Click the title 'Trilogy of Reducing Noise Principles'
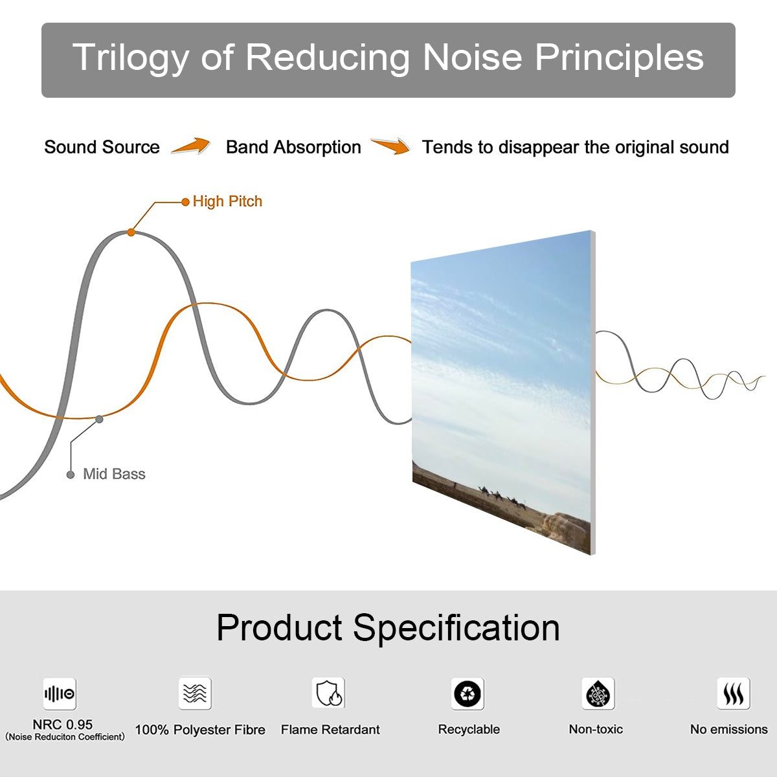(388, 57)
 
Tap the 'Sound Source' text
(102, 147)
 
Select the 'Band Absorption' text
(293, 147)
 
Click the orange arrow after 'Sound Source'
(191, 146)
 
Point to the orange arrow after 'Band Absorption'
(390, 146)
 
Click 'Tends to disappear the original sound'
(575, 147)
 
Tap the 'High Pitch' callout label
(227, 201)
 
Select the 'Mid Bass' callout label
(114, 474)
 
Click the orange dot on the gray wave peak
(131, 232)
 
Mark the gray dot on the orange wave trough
(99, 419)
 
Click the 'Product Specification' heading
(388, 627)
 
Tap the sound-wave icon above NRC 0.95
(60, 694)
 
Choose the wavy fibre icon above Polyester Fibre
(195, 693)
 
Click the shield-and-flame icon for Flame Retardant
(328, 693)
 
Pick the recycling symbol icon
(467, 694)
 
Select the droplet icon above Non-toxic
(598, 694)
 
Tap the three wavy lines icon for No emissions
(733, 694)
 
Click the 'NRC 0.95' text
(63, 725)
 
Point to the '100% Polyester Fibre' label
(200, 730)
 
